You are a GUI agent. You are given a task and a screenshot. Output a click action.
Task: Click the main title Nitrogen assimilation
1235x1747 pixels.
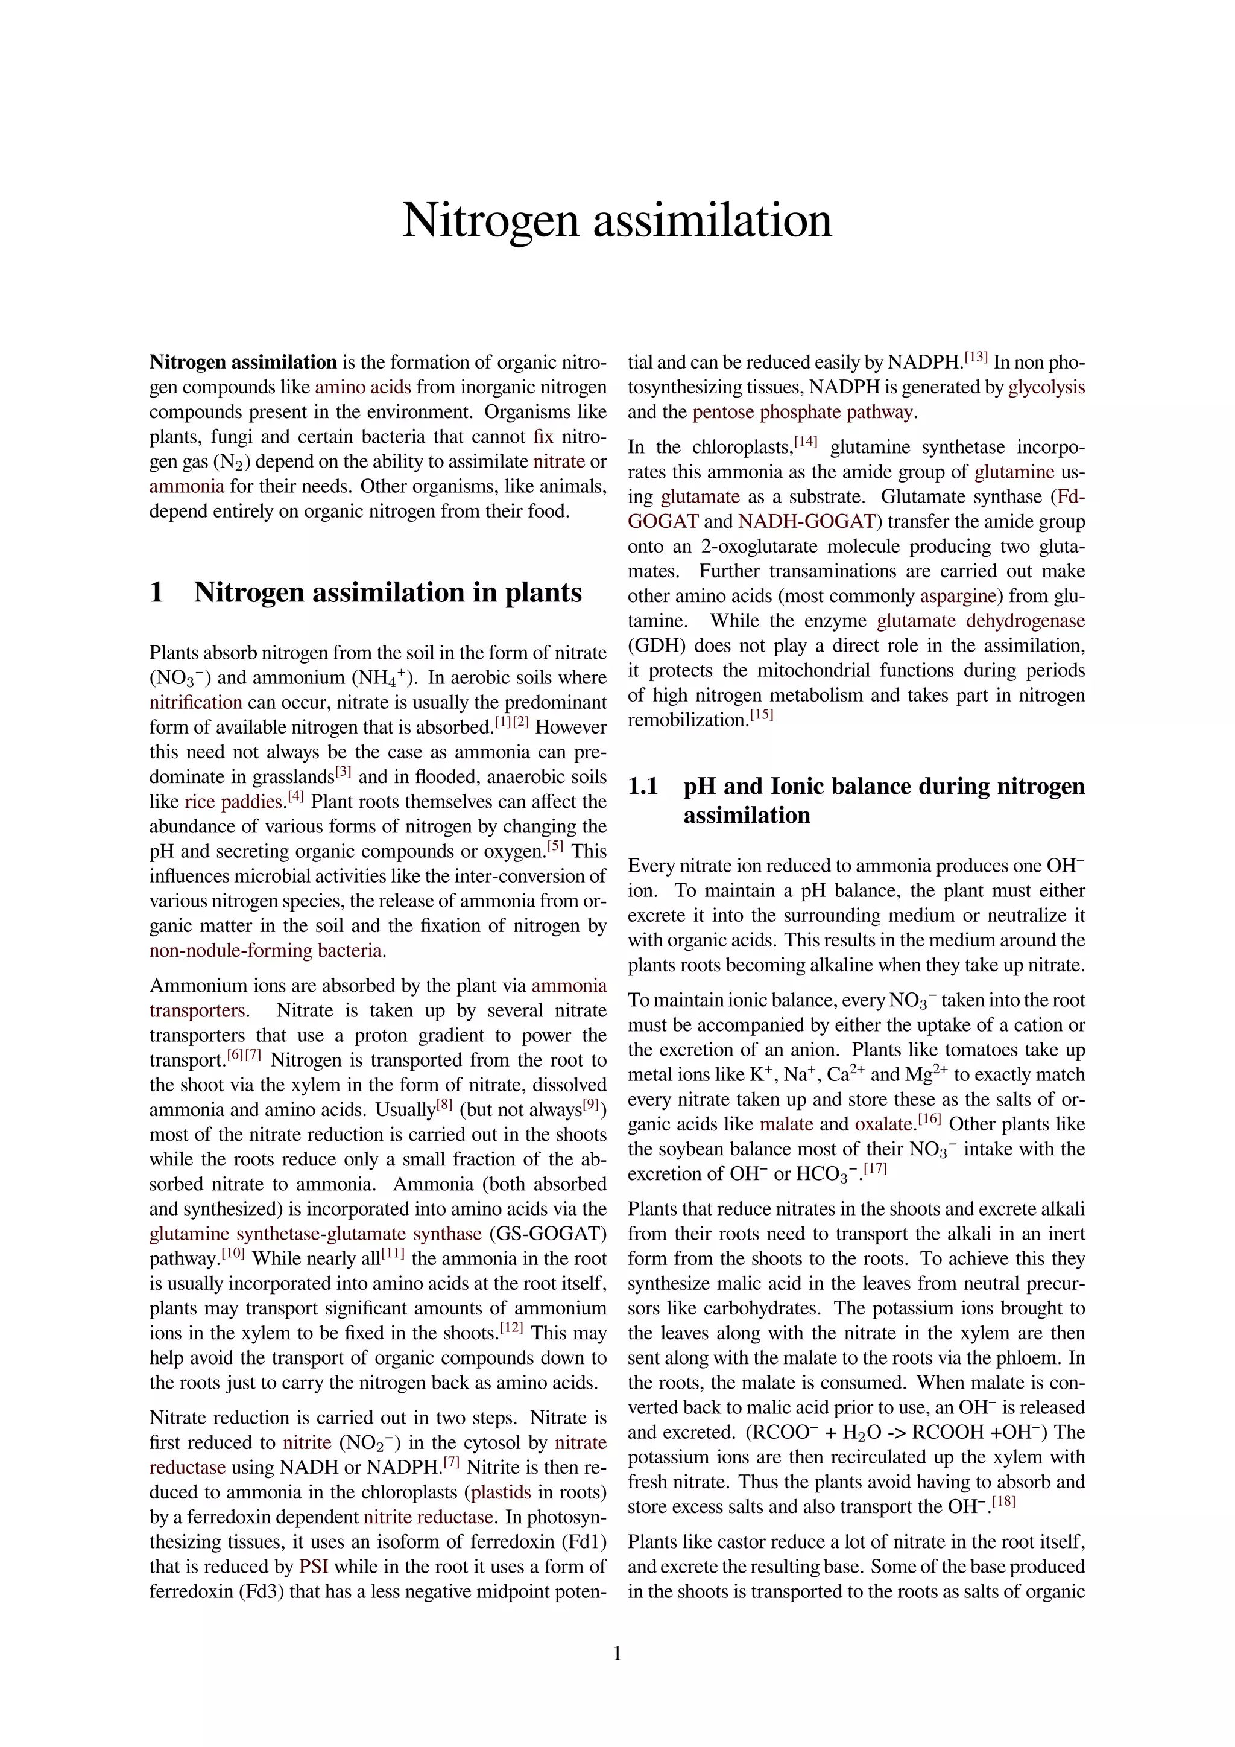pyautogui.click(x=617, y=220)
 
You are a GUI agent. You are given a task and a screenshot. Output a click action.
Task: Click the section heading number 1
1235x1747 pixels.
pyautogui.click(x=157, y=592)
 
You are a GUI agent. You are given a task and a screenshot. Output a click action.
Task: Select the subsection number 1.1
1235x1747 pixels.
pyautogui.click(x=643, y=786)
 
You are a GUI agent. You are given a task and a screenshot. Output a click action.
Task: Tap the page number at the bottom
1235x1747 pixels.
pyautogui.click(x=617, y=1653)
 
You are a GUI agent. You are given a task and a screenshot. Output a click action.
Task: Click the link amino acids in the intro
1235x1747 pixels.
pyautogui.click(x=363, y=387)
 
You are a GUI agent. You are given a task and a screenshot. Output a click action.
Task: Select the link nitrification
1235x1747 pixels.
pyautogui.click(x=195, y=702)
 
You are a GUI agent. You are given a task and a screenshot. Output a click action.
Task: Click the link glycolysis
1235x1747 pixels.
pyautogui.click(x=1046, y=387)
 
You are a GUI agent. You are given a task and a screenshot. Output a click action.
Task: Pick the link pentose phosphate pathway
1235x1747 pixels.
pyautogui.click(x=802, y=413)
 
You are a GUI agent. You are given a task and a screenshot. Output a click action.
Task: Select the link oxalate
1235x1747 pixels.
pyautogui.click(x=883, y=1124)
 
